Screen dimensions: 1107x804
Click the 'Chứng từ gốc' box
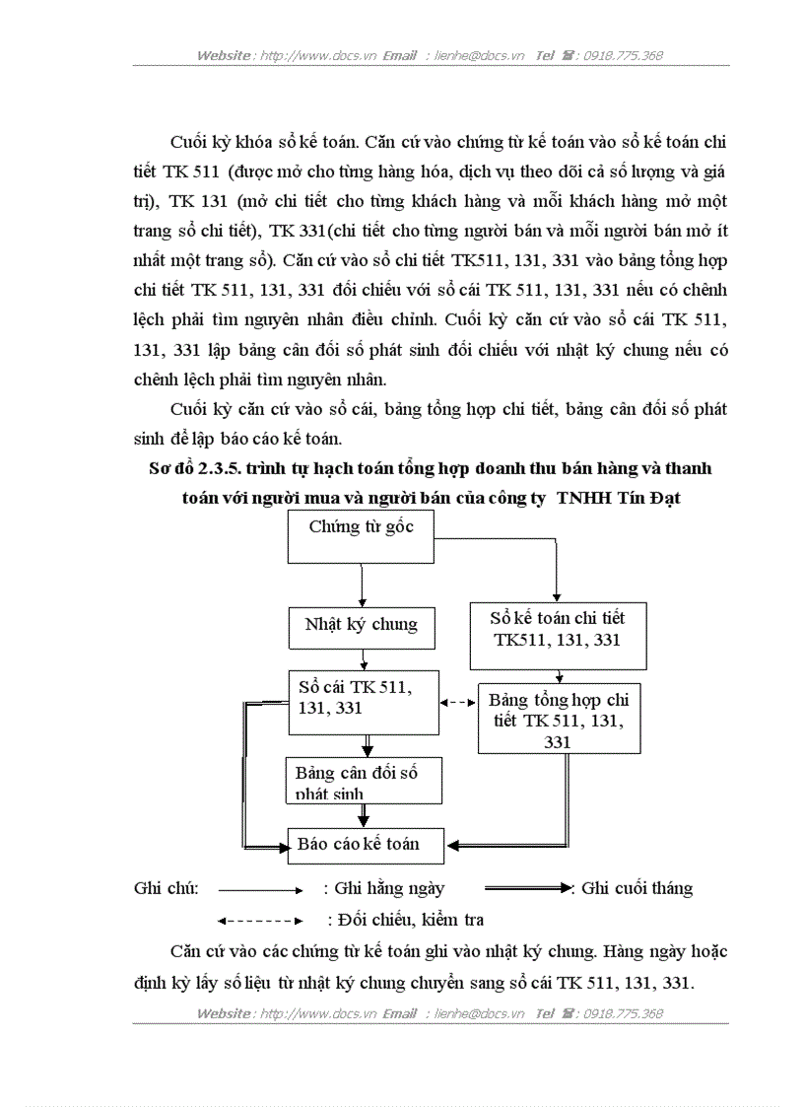pyautogui.click(x=361, y=538)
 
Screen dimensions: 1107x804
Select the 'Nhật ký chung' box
pyautogui.click(x=361, y=625)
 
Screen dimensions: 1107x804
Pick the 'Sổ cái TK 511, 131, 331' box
pyautogui.click(x=363, y=701)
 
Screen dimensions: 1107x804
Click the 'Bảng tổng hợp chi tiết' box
pyautogui.click(x=559, y=718)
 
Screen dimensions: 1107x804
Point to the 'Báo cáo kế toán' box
pyautogui.click(x=366, y=845)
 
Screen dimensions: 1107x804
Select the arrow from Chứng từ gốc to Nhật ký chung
pyautogui.click(x=363, y=586)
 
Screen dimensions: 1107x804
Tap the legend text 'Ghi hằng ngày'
pyautogui.click(x=390, y=888)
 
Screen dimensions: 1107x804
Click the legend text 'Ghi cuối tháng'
pyautogui.click(x=636, y=888)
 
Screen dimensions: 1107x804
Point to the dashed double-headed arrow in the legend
pyautogui.click(x=259, y=922)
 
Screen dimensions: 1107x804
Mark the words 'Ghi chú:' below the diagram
pyautogui.click(x=167, y=888)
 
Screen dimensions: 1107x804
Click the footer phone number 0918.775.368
pyautogui.click(x=624, y=1013)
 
